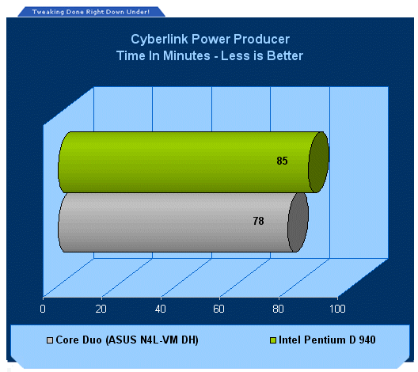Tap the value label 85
[282, 161]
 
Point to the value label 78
[258, 221]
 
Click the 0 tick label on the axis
[43, 309]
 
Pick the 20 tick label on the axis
[101, 309]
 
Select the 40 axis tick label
[160, 309]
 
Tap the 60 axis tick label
[218, 309]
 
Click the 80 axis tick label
[278, 309]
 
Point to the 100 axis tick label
[337, 309]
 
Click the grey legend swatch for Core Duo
[50, 340]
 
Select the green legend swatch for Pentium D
[273, 340]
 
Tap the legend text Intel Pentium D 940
[327, 340]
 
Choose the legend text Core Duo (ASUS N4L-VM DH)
[127, 340]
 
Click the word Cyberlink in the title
[159, 39]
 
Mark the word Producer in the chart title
[261, 39]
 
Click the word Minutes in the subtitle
[187, 55]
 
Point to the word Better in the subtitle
[285, 55]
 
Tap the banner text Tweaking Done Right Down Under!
[90, 12]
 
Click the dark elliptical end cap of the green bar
[318, 162]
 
